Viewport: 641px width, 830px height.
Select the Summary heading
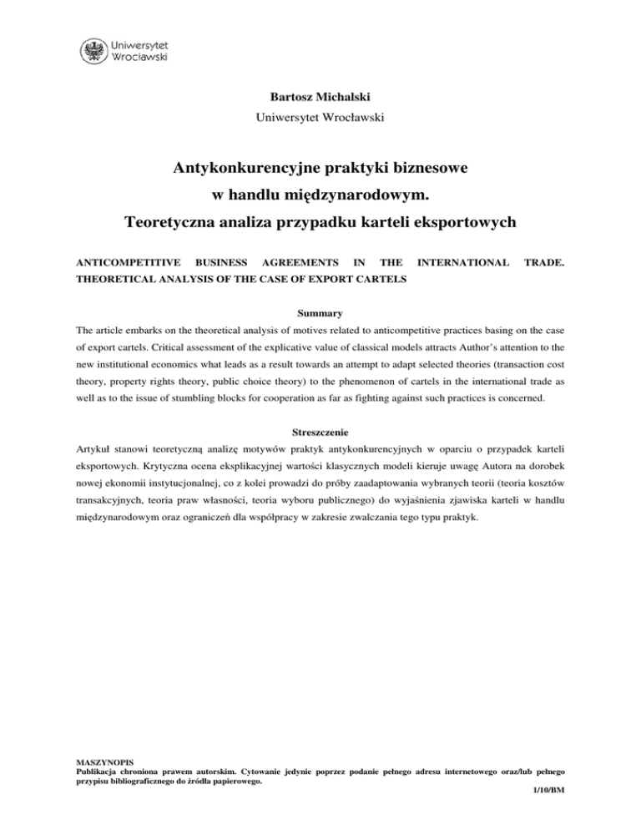tap(320, 315)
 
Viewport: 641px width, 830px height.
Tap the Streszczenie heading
tap(320, 411)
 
